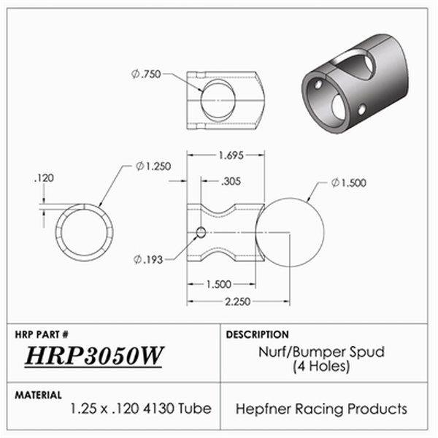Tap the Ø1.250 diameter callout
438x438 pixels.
tap(153, 166)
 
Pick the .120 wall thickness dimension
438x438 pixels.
tap(45, 177)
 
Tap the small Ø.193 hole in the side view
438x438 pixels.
tap(201, 234)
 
